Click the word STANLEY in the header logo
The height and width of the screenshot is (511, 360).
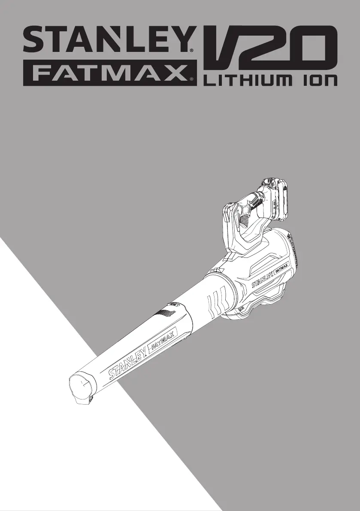pos(108,40)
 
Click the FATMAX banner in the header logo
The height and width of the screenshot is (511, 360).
pos(110,73)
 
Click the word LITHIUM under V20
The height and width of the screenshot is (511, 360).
pos(249,81)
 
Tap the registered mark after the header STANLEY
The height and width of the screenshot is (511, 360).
pos(191,51)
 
